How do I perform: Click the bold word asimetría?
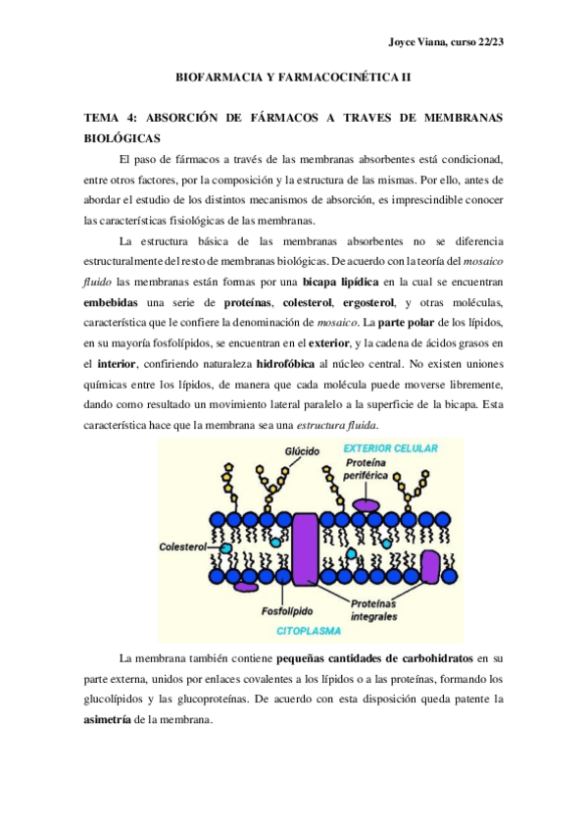click(110, 719)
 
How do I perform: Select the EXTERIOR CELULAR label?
click(389, 449)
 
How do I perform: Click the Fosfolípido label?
click(287, 609)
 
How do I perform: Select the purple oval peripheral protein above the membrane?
click(367, 504)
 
